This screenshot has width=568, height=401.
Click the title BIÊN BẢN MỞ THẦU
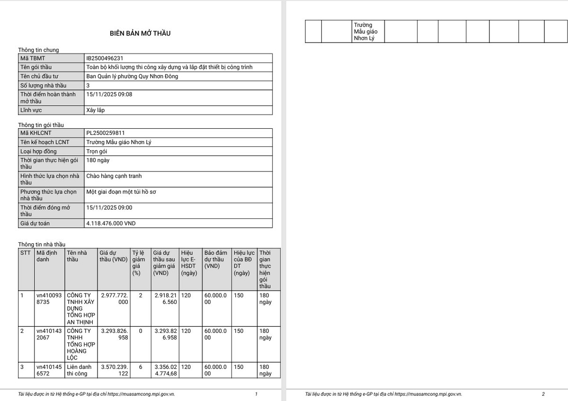click(x=140, y=33)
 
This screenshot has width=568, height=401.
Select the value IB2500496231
click(x=105, y=58)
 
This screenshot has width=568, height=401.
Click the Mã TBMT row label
click(x=33, y=58)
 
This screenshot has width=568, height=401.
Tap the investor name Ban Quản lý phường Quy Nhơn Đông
click(x=132, y=76)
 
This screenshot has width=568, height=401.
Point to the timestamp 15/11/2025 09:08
click(x=109, y=94)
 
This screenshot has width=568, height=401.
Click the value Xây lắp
click(x=96, y=110)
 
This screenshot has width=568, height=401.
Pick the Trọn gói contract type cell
click(x=97, y=151)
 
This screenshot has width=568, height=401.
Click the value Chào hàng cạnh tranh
click(x=114, y=176)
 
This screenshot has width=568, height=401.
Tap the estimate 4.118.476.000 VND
click(x=111, y=223)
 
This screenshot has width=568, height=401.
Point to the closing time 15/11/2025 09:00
click(x=109, y=207)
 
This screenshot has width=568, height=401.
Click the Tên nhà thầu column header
click(x=77, y=256)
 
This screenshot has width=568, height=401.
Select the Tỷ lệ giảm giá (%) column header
click(x=139, y=263)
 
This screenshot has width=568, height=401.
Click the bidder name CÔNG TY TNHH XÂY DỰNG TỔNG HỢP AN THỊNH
click(x=81, y=309)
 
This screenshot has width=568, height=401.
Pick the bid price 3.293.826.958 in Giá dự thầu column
click(x=114, y=334)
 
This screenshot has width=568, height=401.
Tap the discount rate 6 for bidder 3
click(x=140, y=367)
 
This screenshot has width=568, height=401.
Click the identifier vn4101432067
click(x=49, y=334)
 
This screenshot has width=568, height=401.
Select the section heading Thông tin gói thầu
click(x=41, y=125)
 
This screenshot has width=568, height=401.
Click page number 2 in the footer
click(x=543, y=394)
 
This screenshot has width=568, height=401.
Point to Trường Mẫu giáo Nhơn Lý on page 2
click(x=364, y=31)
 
